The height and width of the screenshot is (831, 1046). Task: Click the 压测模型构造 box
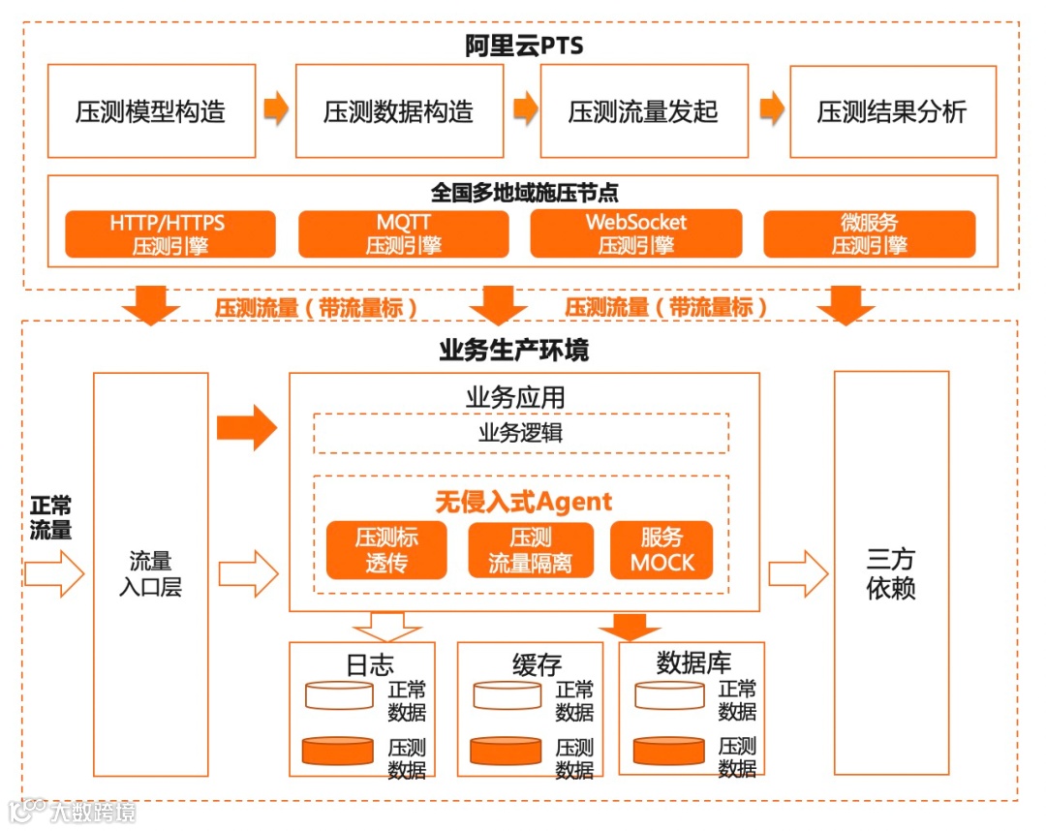coord(151,111)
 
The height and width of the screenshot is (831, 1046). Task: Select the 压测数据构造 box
coord(399,111)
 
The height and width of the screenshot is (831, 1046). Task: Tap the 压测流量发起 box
coord(644,111)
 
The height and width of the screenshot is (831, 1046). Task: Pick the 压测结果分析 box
coord(893,111)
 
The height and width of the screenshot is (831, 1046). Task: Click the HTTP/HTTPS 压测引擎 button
coord(170,234)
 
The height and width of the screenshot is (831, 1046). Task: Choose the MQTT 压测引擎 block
coord(403,234)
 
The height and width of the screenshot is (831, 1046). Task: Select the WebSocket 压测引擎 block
coord(636,234)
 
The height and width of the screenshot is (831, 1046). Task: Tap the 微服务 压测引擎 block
coord(869,234)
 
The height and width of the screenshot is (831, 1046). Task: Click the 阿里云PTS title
coord(524,46)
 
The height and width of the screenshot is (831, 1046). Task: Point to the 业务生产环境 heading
coord(513,350)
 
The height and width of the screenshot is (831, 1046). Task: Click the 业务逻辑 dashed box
coord(520,433)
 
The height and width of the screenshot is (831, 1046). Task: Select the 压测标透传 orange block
coord(386,550)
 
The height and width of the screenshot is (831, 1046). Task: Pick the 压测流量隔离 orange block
coord(530,550)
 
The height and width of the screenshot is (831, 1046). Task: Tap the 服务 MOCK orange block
coord(661,550)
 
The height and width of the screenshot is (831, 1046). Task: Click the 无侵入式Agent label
coord(523,501)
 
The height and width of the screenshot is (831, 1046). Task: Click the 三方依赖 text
coord(891,573)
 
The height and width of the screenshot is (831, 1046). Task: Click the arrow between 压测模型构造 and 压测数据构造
coord(276,108)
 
